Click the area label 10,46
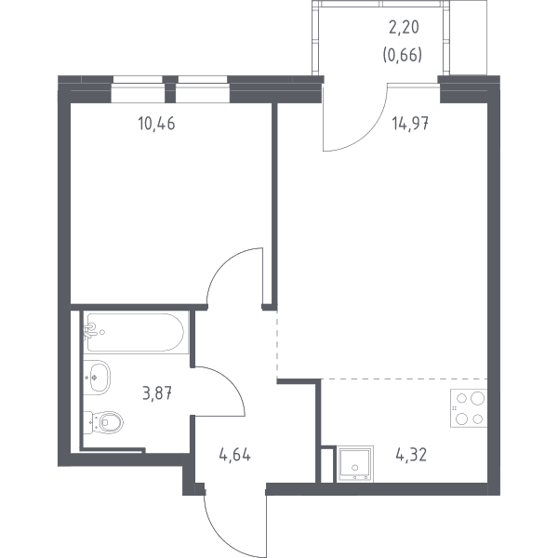pos(156,124)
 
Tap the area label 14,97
pos(410,124)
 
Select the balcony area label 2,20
pos(404,27)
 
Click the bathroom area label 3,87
pos(157,393)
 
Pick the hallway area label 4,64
pos(235,455)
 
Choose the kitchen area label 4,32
pos(411,455)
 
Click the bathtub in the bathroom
pos(135,332)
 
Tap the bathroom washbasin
pos(97,378)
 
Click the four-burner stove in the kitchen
pos(469,408)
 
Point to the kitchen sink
pos(355,464)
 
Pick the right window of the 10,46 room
pos(202,89)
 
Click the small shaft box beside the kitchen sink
pos(327,465)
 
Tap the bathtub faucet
pos(90,331)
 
